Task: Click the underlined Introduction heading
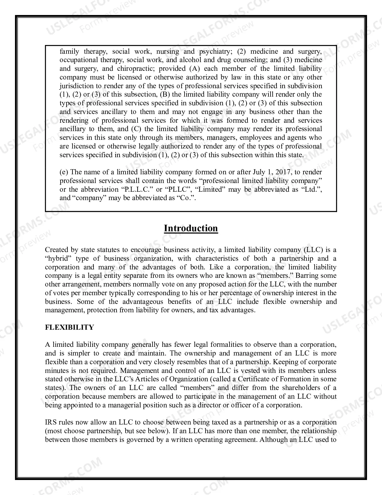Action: tap(191, 228)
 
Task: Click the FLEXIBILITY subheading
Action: tap(69, 327)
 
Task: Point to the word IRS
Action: tap(51, 422)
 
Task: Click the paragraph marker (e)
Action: tap(64, 172)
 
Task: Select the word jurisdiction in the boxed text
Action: tap(76, 86)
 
